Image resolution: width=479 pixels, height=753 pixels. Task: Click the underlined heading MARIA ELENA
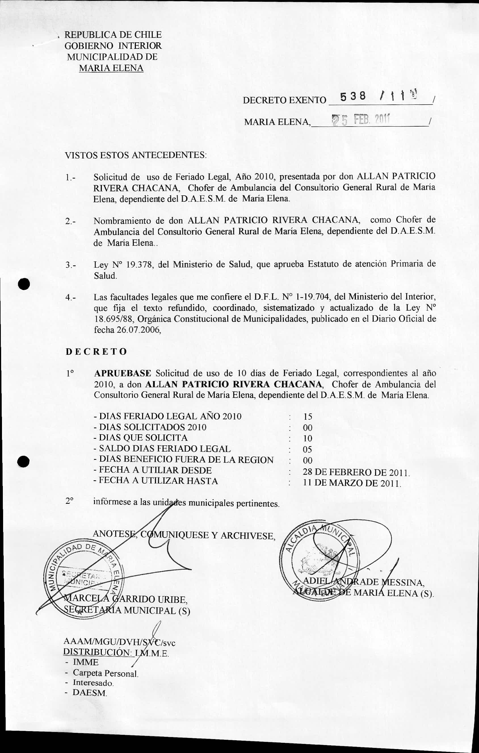coord(111,68)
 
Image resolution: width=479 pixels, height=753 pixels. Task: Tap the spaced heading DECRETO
coord(96,351)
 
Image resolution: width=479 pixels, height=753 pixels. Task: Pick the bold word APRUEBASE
coord(123,373)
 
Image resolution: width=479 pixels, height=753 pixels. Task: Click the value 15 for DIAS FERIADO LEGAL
coord(308,417)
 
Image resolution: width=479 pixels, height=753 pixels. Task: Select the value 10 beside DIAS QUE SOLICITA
coord(308,439)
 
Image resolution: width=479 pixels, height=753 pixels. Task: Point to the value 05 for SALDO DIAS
coord(308,449)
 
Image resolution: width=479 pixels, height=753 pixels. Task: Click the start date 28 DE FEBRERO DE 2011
coord(356,472)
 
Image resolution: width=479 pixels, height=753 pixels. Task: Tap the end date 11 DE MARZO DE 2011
coord(351,483)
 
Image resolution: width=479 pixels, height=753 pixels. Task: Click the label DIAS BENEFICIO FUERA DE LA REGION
coord(186,460)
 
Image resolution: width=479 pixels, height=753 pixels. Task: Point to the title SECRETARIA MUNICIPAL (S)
coord(127,610)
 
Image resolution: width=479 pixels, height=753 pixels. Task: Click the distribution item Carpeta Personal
coord(105,673)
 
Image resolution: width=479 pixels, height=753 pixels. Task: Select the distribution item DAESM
coord(90,692)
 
